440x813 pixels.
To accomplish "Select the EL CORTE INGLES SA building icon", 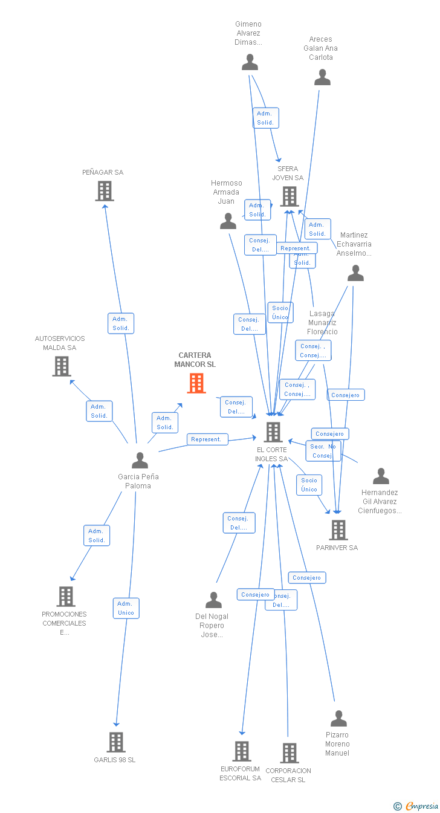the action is click(x=273, y=432).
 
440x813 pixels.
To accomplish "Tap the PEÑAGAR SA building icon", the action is click(x=105, y=191).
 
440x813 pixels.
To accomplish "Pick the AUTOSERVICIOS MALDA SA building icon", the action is click(x=62, y=366).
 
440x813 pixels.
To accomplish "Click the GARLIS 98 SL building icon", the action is click(x=116, y=742).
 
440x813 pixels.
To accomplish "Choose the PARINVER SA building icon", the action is click(x=338, y=530).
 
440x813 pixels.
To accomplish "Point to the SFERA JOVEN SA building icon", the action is click(x=290, y=196).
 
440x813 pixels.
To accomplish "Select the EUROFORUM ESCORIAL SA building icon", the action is click(x=242, y=751).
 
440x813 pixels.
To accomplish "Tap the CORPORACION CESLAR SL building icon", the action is click(x=290, y=753).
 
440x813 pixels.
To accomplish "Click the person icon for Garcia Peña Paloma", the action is click(x=140, y=461).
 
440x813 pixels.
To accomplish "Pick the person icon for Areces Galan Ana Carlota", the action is click(x=323, y=77).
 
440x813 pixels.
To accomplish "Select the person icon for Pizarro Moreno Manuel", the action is click(x=339, y=719).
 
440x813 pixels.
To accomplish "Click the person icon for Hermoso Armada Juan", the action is click(x=228, y=221).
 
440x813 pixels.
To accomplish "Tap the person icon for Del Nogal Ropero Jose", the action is click(x=214, y=600).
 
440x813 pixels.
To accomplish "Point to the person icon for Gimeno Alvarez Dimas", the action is click(x=250, y=62).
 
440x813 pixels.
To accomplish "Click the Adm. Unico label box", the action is click(x=126, y=608).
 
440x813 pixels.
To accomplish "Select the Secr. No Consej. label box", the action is click(x=323, y=451).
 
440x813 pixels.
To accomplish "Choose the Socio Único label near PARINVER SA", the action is click(x=309, y=485).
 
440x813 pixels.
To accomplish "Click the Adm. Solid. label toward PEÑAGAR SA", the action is click(x=121, y=323).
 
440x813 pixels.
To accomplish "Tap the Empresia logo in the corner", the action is click(x=421, y=806).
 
